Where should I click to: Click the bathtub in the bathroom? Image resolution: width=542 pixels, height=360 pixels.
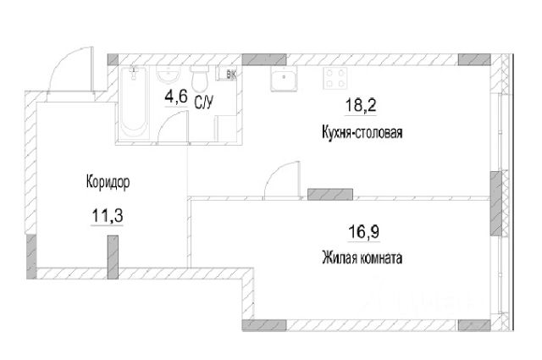pyautogui.click(x=133, y=105)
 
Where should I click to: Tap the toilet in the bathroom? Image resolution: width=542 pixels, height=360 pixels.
pyautogui.click(x=200, y=80)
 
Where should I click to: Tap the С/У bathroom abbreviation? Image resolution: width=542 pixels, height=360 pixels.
pyautogui.click(x=203, y=104)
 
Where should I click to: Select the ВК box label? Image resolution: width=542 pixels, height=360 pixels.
pyautogui.click(x=231, y=75)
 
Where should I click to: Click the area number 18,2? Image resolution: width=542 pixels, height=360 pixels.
pyautogui.click(x=358, y=107)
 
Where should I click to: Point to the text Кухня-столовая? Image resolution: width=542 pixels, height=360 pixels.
pyautogui.click(x=362, y=132)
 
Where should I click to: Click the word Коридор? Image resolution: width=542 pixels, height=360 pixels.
pyautogui.click(x=108, y=181)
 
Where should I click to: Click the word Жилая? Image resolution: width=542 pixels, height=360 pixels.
pyautogui.click(x=337, y=257)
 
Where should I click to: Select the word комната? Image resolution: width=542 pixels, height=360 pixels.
pyautogui.click(x=379, y=257)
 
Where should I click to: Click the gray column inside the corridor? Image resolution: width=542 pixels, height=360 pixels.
pyautogui.click(x=111, y=256)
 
